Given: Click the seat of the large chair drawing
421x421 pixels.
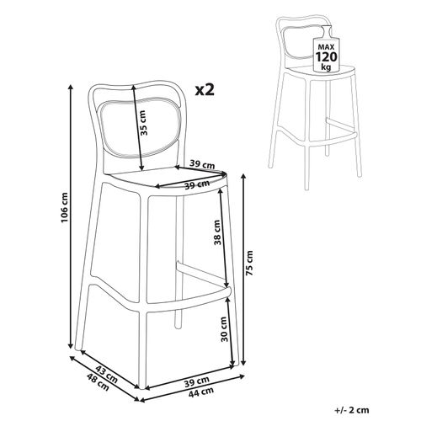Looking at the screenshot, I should (168, 180).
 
